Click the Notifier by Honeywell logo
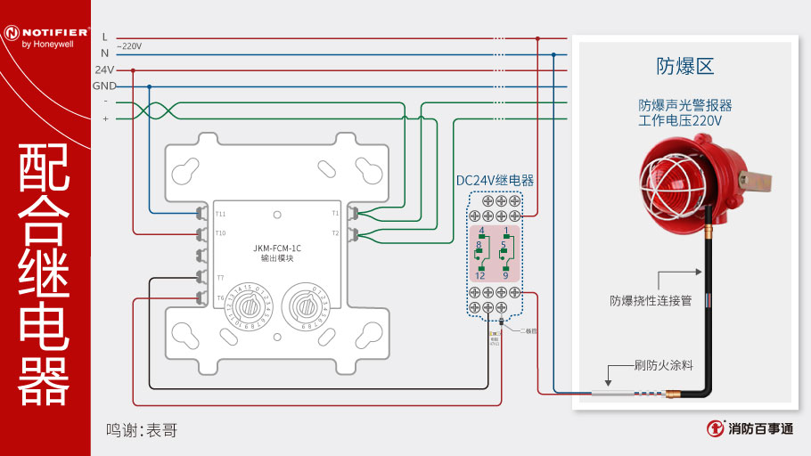tap(45, 36)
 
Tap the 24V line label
tap(104, 69)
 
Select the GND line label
tap(104, 86)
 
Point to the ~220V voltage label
tap(128, 45)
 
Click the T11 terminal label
tap(220, 214)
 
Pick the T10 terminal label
tap(220, 233)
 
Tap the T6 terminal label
tap(220, 297)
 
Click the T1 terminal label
tap(335, 214)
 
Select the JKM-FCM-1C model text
tap(276, 248)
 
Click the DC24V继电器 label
tap(495, 180)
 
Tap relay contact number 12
tap(479, 275)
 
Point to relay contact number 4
tap(481, 231)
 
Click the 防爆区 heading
tap(685, 66)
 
